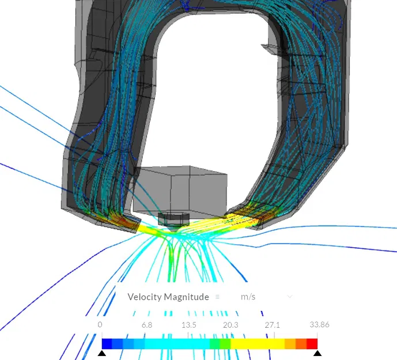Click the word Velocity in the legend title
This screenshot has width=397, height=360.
(145, 297)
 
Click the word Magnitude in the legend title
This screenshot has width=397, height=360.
(187, 297)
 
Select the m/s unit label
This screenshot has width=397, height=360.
(248, 297)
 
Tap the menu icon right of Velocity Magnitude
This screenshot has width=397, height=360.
(217, 297)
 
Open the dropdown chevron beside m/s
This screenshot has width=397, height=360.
(289, 297)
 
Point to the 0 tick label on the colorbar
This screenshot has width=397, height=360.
(101, 325)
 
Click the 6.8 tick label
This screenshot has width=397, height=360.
(147, 325)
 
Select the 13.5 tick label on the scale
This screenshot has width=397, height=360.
(188, 325)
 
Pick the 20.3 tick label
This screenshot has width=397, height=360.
(230, 325)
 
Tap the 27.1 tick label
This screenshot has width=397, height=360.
(272, 325)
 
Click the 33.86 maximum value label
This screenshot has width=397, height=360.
(319, 325)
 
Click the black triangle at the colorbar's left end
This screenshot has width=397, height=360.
(102, 353)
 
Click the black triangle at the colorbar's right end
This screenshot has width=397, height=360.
(317, 353)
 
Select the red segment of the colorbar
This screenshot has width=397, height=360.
(312, 343)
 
